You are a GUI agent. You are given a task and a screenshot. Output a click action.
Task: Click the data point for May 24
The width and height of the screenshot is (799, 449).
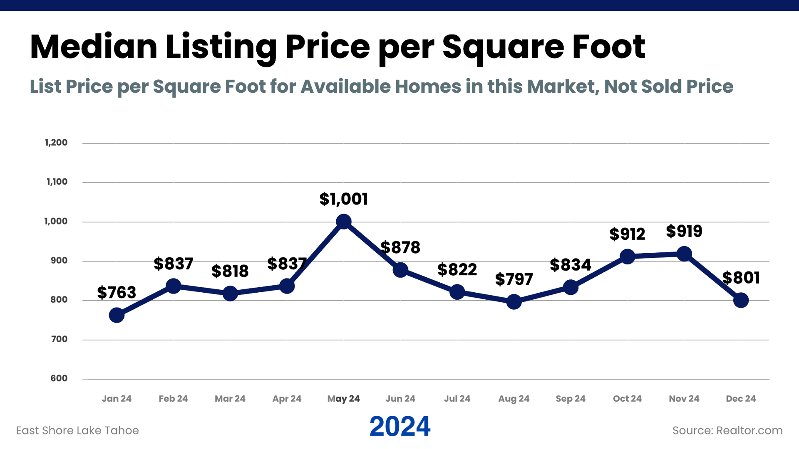pyautogui.click(x=343, y=222)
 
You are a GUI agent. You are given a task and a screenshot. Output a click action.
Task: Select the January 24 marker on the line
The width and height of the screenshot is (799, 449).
pyautogui.click(x=117, y=315)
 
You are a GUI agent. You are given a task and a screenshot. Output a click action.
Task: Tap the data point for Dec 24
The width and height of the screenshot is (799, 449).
pyautogui.click(x=741, y=300)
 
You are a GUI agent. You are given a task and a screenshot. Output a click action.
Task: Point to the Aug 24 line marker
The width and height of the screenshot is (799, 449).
pyautogui.click(x=514, y=302)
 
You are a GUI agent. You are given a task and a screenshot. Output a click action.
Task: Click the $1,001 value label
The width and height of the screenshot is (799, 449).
pyautogui.click(x=343, y=199)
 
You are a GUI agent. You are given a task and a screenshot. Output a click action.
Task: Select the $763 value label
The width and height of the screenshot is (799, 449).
pyautogui.click(x=117, y=293)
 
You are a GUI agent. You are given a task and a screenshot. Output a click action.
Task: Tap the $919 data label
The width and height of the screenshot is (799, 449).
pyautogui.click(x=684, y=231)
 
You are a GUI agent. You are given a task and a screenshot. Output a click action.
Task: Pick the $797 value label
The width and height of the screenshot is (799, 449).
pyautogui.click(x=514, y=279)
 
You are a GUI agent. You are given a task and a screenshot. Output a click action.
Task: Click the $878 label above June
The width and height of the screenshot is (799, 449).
pyautogui.click(x=400, y=247)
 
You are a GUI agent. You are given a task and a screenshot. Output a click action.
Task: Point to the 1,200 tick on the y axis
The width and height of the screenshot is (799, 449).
pyautogui.click(x=56, y=143)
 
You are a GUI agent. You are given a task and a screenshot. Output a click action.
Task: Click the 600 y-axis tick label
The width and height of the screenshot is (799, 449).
pyautogui.click(x=59, y=378)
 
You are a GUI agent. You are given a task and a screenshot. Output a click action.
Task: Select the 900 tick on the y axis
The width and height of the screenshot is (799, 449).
pyautogui.click(x=59, y=261)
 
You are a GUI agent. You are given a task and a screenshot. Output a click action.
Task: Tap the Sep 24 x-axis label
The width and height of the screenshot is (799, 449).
pyautogui.click(x=571, y=399)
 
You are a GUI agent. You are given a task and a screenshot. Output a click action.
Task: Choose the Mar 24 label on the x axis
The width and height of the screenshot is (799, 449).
pyautogui.click(x=230, y=399)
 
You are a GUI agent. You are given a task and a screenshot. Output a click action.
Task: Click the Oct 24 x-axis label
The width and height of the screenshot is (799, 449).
pyautogui.click(x=627, y=399)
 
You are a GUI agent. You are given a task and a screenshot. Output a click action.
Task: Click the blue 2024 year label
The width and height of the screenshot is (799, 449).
pyautogui.click(x=400, y=427)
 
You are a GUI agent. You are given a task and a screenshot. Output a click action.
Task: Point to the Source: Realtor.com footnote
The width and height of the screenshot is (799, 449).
pyautogui.click(x=727, y=430)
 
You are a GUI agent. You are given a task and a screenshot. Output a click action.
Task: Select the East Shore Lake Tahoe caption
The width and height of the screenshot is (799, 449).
pyautogui.click(x=77, y=430)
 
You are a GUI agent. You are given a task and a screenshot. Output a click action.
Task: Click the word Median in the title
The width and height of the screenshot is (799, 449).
pyautogui.click(x=94, y=47)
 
